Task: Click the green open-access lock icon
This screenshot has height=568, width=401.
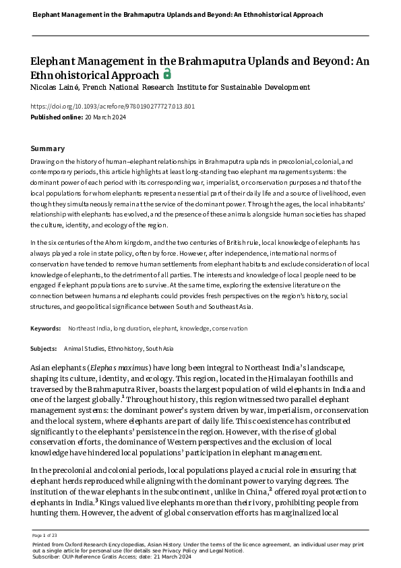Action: coord(167,74)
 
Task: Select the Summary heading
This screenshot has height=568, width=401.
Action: coord(48,148)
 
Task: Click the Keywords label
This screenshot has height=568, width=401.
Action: coord(46,329)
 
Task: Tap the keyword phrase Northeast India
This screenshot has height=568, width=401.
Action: coord(90,329)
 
